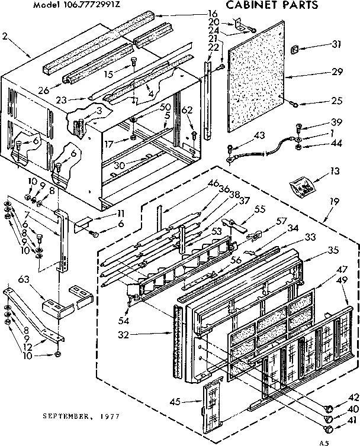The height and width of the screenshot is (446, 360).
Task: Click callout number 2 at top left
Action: [5, 35]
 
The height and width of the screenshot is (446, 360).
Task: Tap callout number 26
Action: [42, 91]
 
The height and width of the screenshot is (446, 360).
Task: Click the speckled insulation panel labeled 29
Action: [255, 77]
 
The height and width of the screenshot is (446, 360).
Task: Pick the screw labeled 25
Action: [294, 105]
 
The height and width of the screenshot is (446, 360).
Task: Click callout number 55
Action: [259, 209]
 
